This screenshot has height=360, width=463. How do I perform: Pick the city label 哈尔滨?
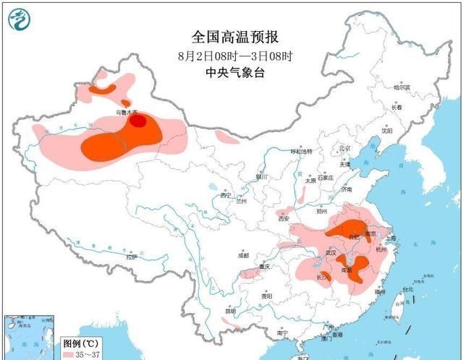pyautogui.click(x=402, y=87)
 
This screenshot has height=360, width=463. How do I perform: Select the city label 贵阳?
pyautogui.click(x=266, y=296)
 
